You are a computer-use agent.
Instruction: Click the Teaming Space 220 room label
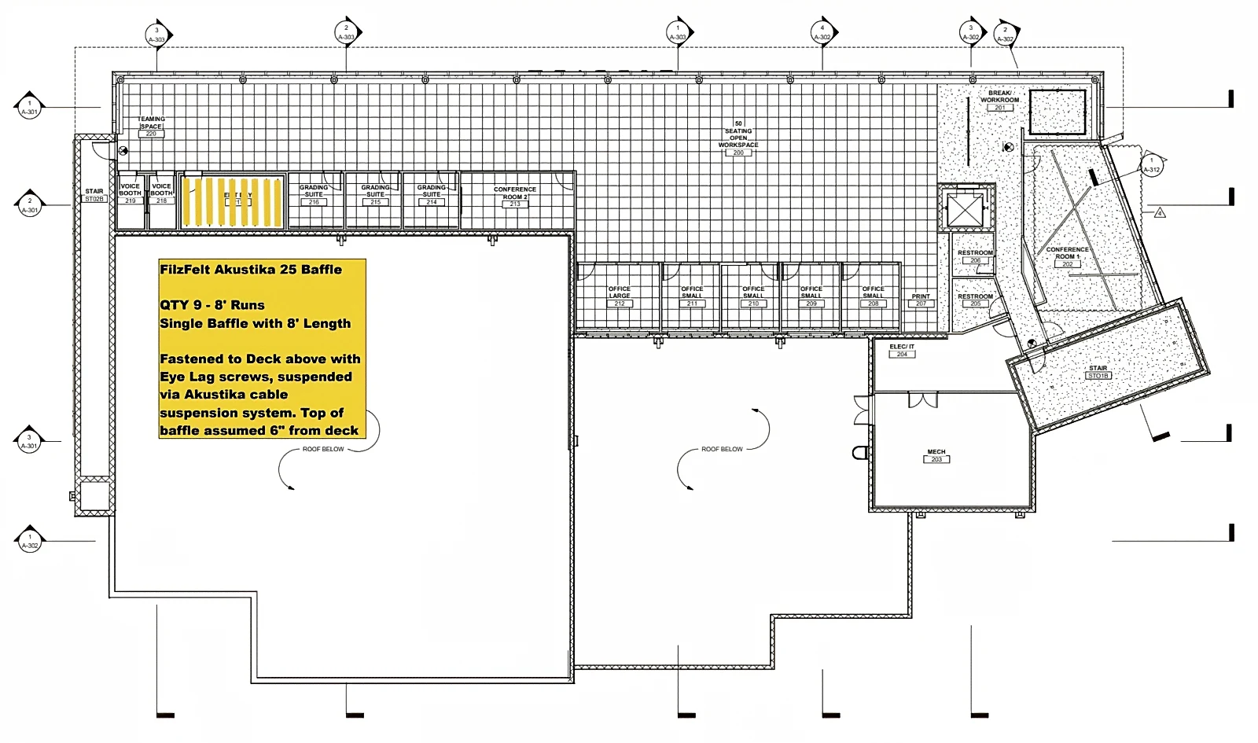[x=151, y=127]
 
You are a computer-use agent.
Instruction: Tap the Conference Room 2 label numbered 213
[x=515, y=197]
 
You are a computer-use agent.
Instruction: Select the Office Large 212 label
[x=620, y=296]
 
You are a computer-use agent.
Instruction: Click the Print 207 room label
[x=921, y=300]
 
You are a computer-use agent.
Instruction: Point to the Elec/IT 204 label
[x=902, y=350]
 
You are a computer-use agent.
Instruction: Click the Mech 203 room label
[x=936, y=455]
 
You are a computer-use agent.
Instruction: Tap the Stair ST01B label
[x=1098, y=372]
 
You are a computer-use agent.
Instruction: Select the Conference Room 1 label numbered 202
[x=1067, y=256]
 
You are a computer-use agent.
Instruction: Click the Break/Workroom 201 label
[x=999, y=100]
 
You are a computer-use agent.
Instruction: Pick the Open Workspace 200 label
[x=738, y=138]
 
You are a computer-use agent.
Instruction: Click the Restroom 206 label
[x=975, y=256]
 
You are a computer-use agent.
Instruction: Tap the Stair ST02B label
[x=94, y=195]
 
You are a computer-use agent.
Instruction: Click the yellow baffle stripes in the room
[x=233, y=201]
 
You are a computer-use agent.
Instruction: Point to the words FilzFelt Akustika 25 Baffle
[x=251, y=270]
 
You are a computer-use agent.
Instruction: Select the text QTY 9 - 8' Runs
[x=212, y=305]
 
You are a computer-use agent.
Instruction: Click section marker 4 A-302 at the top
[x=822, y=32]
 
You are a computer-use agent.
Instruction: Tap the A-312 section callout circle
[x=1151, y=166]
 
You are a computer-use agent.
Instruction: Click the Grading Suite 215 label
[x=375, y=194]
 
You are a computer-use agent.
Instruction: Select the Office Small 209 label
[x=811, y=296]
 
